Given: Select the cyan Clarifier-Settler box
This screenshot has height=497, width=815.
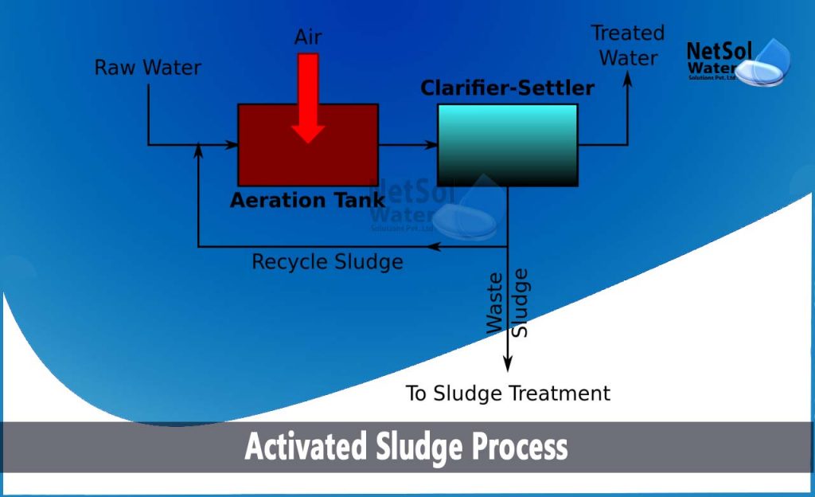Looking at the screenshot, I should (507, 145).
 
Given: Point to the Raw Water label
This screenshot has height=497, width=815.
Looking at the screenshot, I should (148, 68).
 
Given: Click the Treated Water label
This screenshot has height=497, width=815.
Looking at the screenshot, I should (628, 45).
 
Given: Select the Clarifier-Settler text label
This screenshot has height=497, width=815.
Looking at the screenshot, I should (507, 88).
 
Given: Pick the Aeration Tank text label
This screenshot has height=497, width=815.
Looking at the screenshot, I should (307, 201).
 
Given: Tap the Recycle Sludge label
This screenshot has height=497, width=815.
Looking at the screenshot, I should (327, 261).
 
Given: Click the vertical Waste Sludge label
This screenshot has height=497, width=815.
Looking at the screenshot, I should (507, 303).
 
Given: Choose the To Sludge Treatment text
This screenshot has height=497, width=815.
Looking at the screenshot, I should (508, 393).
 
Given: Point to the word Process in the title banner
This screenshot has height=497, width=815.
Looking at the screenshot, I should (521, 447).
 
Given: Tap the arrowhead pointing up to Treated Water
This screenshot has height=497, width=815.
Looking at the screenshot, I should (628, 80).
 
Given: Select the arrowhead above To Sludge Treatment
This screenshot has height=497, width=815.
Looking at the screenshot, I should (508, 365).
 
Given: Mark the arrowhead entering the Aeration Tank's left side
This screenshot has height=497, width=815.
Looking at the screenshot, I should (232, 145).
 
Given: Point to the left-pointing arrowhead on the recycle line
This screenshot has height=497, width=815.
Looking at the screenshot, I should (433, 247).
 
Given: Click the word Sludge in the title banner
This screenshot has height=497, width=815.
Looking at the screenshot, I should (419, 447).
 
